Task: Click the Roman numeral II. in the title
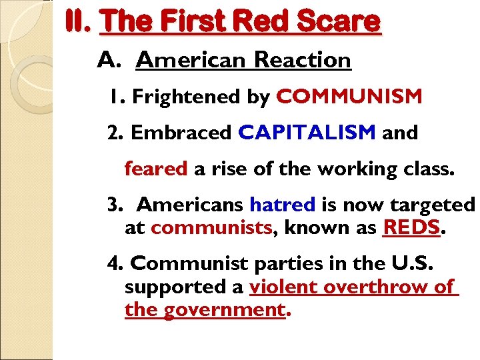(79, 21)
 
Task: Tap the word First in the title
(189, 21)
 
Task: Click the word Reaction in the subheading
(303, 60)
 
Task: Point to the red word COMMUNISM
(349, 97)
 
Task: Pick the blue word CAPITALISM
(307, 133)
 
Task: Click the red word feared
(156, 169)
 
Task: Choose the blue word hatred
(282, 203)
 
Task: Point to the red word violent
(282, 287)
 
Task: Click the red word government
(225, 310)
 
